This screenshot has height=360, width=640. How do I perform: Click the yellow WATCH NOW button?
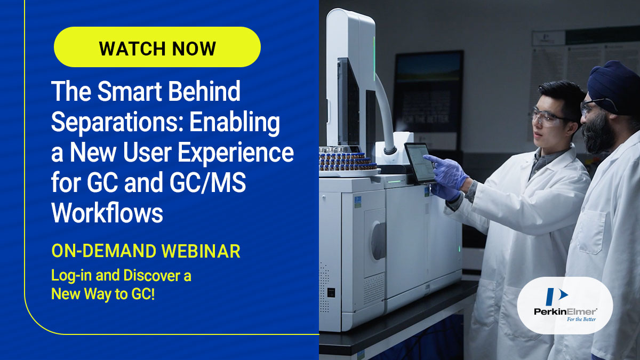pos(157,47)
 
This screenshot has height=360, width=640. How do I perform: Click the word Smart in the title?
pos(130,91)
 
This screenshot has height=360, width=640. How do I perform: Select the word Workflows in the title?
pos(107,213)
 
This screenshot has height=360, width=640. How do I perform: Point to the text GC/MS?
pos(207,182)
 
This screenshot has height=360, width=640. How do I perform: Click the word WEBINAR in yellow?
pos(201,251)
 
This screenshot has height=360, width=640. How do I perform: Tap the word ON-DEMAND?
pos(103,251)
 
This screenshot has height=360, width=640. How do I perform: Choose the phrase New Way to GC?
pos(103,294)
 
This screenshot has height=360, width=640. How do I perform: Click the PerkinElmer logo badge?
pos(565,305)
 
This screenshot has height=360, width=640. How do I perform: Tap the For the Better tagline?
pos(581,319)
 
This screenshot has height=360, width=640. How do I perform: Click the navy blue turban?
pos(614,85)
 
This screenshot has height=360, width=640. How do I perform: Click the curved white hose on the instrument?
pos(385,114)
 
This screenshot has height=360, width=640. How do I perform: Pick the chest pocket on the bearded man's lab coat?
pos(591,231)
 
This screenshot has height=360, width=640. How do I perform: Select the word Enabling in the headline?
pos(235,122)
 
